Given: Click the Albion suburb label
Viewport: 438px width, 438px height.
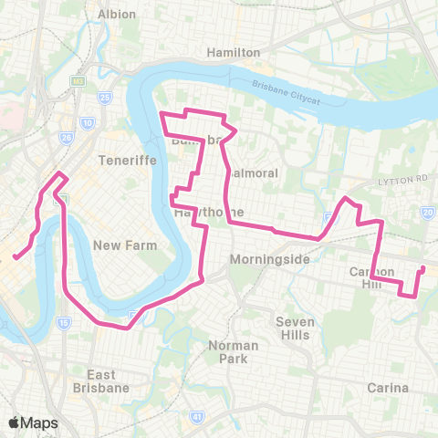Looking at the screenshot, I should tap(117, 14).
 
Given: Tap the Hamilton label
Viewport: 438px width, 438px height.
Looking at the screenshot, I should tap(235, 53).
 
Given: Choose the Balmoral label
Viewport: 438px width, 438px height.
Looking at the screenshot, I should tap(245, 172).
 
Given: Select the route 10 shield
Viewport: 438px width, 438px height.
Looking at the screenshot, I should tap(87, 121).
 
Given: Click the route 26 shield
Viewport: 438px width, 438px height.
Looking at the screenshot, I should tap(66, 138).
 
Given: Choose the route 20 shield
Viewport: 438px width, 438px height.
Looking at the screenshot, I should tap(429, 213).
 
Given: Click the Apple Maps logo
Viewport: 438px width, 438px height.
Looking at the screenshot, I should tap(33, 422).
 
